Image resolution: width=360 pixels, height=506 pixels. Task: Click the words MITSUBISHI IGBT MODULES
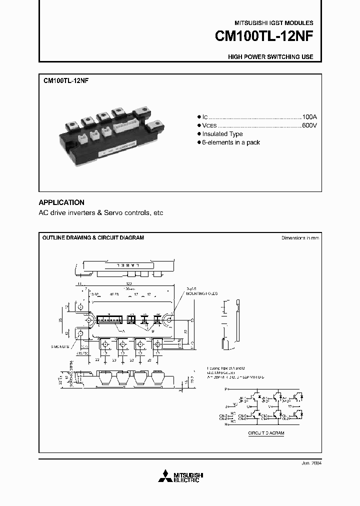click(x=274, y=23)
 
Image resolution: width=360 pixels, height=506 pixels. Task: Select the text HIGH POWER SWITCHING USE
click(x=270, y=57)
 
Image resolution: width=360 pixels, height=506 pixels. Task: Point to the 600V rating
click(x=309, y=124)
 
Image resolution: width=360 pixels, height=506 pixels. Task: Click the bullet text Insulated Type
click(x=222, y=134)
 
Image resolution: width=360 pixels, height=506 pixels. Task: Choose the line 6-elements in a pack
click(x=230, y=142)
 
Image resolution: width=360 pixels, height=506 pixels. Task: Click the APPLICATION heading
click(x=61, y=202)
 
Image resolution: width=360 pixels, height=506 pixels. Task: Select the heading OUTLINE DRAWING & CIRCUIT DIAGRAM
click(x=93, y=237)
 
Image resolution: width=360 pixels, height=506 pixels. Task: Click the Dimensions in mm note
click(x=300, y=238)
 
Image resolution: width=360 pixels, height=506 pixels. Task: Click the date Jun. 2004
click(x=311, y=463)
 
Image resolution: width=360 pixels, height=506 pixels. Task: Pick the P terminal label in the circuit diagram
click(x=226, y=388)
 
